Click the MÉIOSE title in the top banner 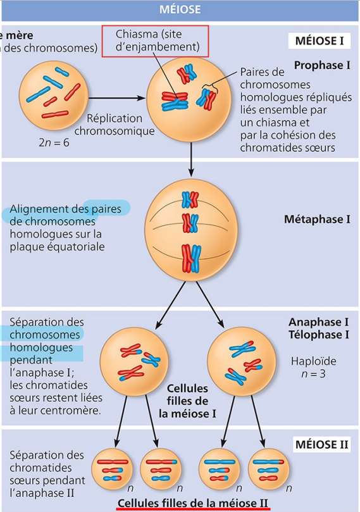(x=180, y=9)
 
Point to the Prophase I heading (x=323, y=65)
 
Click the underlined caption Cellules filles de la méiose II (x=194, y=503)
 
